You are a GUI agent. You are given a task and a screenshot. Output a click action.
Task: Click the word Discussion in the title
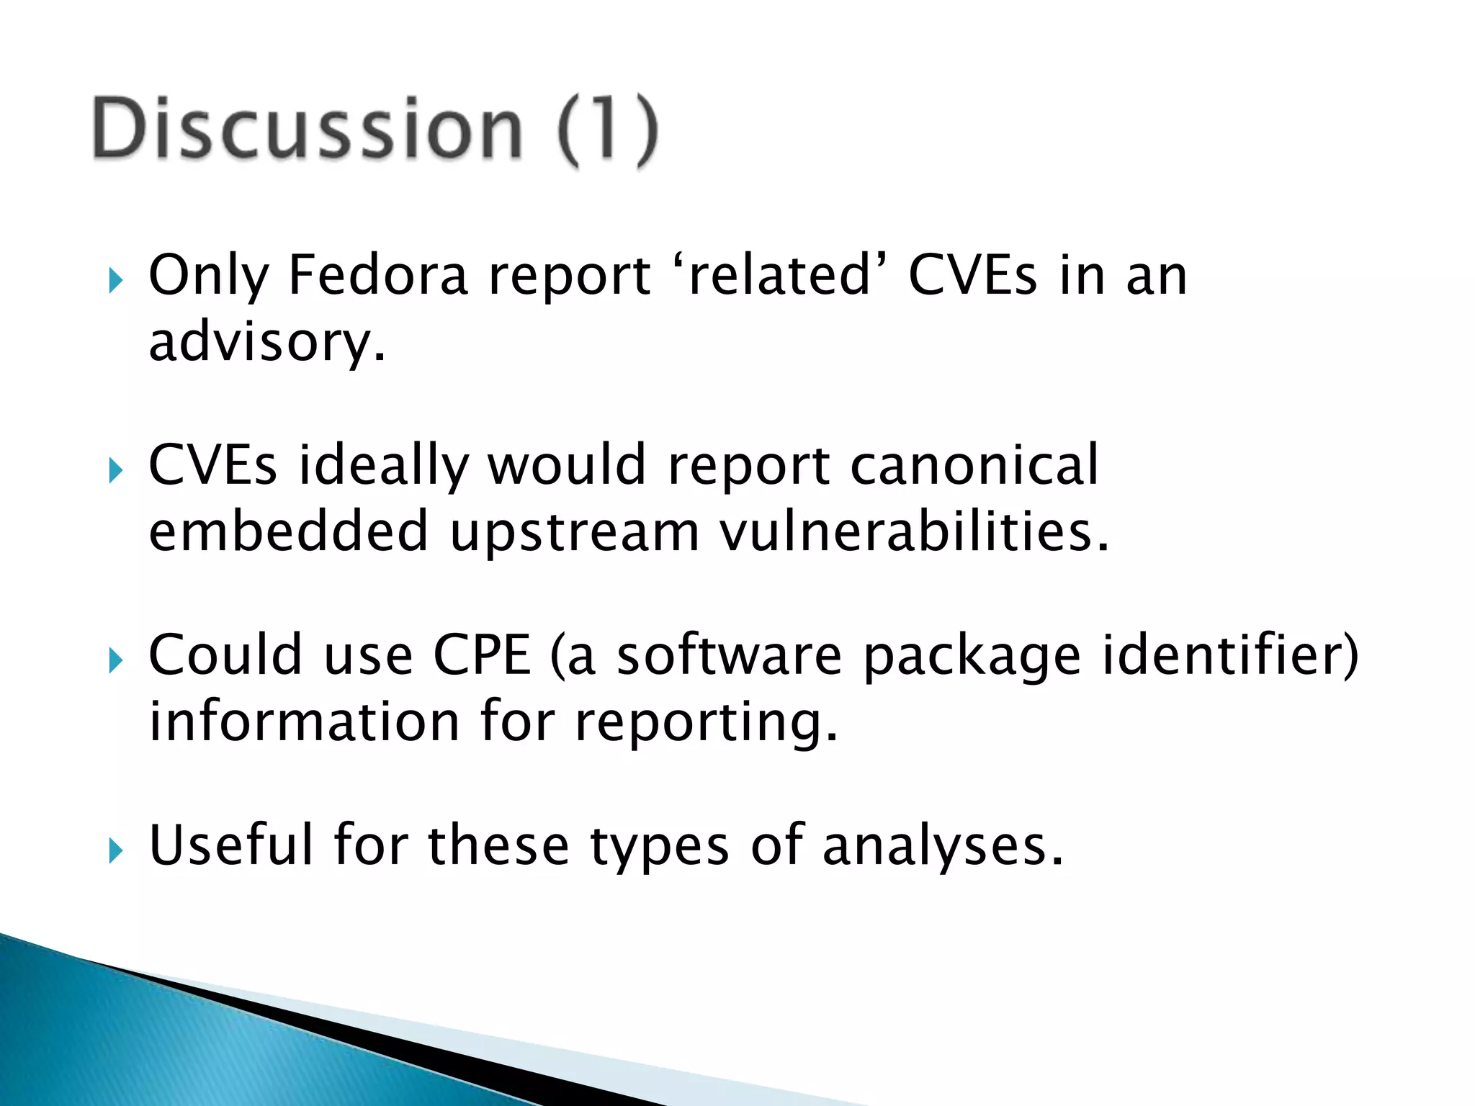(x=306, y=130)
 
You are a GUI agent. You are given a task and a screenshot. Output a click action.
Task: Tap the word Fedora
(x=378, y=275)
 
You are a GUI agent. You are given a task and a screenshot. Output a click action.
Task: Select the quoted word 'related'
(x=781, y=275)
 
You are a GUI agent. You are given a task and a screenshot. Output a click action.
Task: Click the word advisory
(x=266, y=343)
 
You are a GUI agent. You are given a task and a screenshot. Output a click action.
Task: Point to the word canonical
(x=974, y=465)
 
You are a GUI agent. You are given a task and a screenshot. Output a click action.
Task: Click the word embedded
(x=288, y=531)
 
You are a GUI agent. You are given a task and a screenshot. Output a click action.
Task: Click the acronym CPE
(x=481, y=655)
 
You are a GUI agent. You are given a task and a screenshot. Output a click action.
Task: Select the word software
(x=729, y=655)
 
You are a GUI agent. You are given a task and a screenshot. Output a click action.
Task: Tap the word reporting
(x=706, y=723)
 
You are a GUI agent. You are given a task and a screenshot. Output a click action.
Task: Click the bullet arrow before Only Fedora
(x=115, y=280)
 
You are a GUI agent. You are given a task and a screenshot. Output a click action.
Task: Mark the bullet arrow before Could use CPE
(x=115, y=660)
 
